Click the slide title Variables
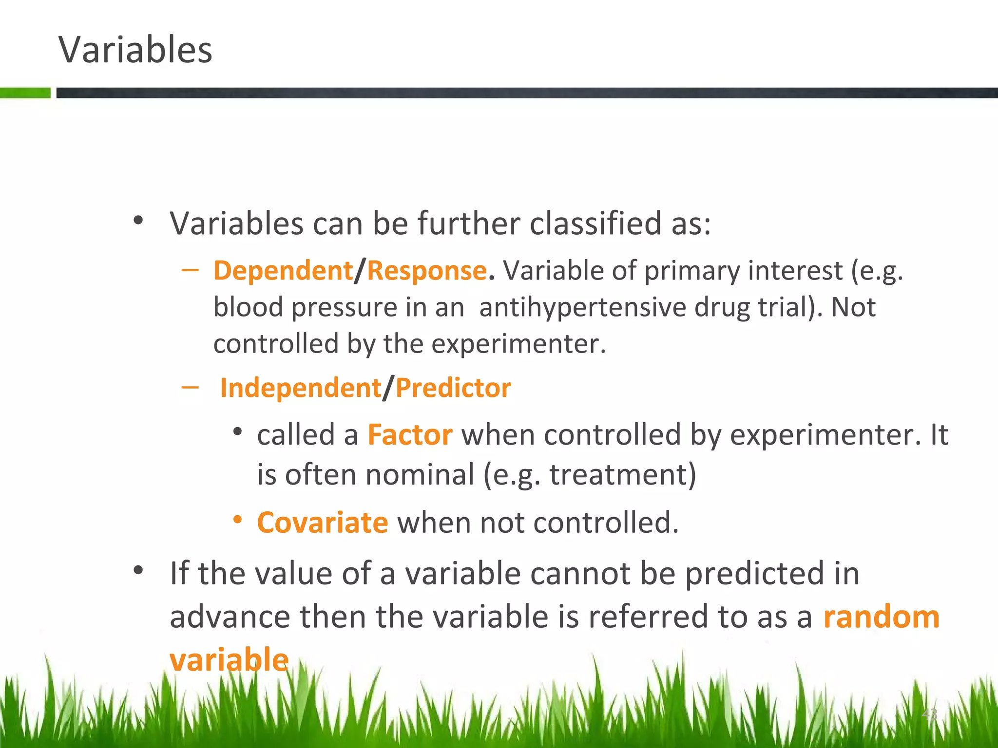pyautogui.click(x=135, y=50)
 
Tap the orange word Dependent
pyautogui.click(x=283, y=271)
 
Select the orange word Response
pyautogui.click(x=426, y=271)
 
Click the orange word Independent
pyautogui.click(x=300, y=388)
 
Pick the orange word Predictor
pyautogui.click(x=453, y=388)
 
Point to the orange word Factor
pyautogui.click(x=410, y=434)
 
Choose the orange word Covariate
pyautogui.click(x=322, y=523)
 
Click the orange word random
pyautogui.click(x=881, y=617)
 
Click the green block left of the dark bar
pyautogui.click(x=25, y=93)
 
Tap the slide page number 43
pyautogui.click(x=929, y=714)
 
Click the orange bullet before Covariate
pyautogui.click(x=237, y=520)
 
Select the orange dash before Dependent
pyautogui.click(x=190, y=270)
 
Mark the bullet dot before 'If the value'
pyautogui.click(x=138, y=570)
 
